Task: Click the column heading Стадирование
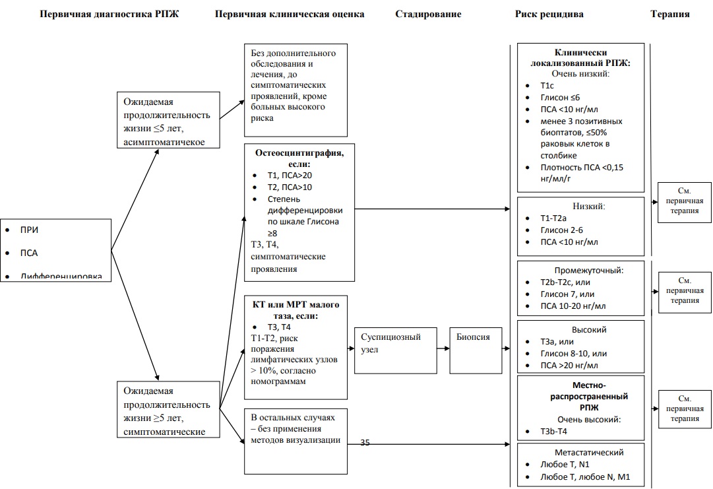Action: coord(428,14)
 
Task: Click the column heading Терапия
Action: coord(669,14)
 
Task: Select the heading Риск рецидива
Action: coord(549,14)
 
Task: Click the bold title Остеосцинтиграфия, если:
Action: coord(299,158)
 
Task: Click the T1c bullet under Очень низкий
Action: coord(547,86)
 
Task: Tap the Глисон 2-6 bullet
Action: coord(561,230)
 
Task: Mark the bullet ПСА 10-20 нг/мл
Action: coord(573,306)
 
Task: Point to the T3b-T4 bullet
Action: coord(553,431)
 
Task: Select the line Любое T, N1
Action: coord(565,465)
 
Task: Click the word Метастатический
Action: coord(580,453)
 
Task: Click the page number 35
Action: coord(365,443)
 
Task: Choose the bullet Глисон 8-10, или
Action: coord(573,353)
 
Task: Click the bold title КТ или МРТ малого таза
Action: coord(296,310)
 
